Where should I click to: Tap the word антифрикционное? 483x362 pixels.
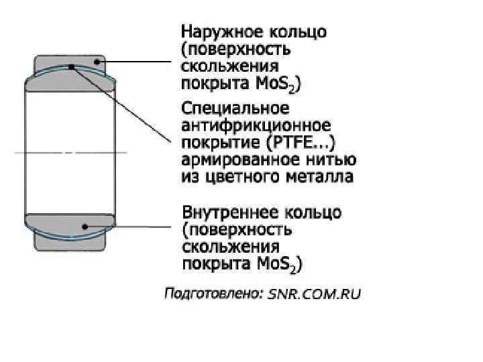(x=256, y=126)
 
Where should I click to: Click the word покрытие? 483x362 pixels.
(x=214, y=143)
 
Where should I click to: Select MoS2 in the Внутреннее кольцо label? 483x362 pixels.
(x=280, y=265)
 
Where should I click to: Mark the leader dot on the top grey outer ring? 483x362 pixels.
(x=98, y=62)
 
